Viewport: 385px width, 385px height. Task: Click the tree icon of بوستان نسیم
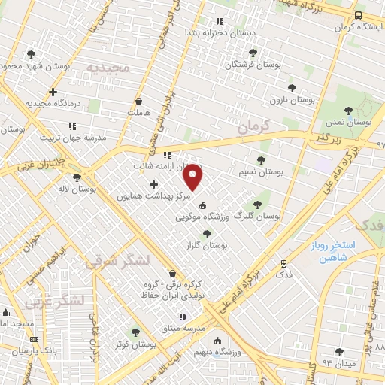click(261, 160)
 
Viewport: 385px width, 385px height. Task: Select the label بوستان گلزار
click(208, 245)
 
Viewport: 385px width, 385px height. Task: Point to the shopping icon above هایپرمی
click(138, 101)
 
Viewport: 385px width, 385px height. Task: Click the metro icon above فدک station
click(283, 264)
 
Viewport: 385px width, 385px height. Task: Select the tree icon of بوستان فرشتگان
click(253, 53)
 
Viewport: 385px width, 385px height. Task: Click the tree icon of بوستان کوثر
click(135, 332)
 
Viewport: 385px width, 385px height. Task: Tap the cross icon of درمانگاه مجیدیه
click(53, 92)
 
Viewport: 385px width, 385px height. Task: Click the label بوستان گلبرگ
click(257, 215)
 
